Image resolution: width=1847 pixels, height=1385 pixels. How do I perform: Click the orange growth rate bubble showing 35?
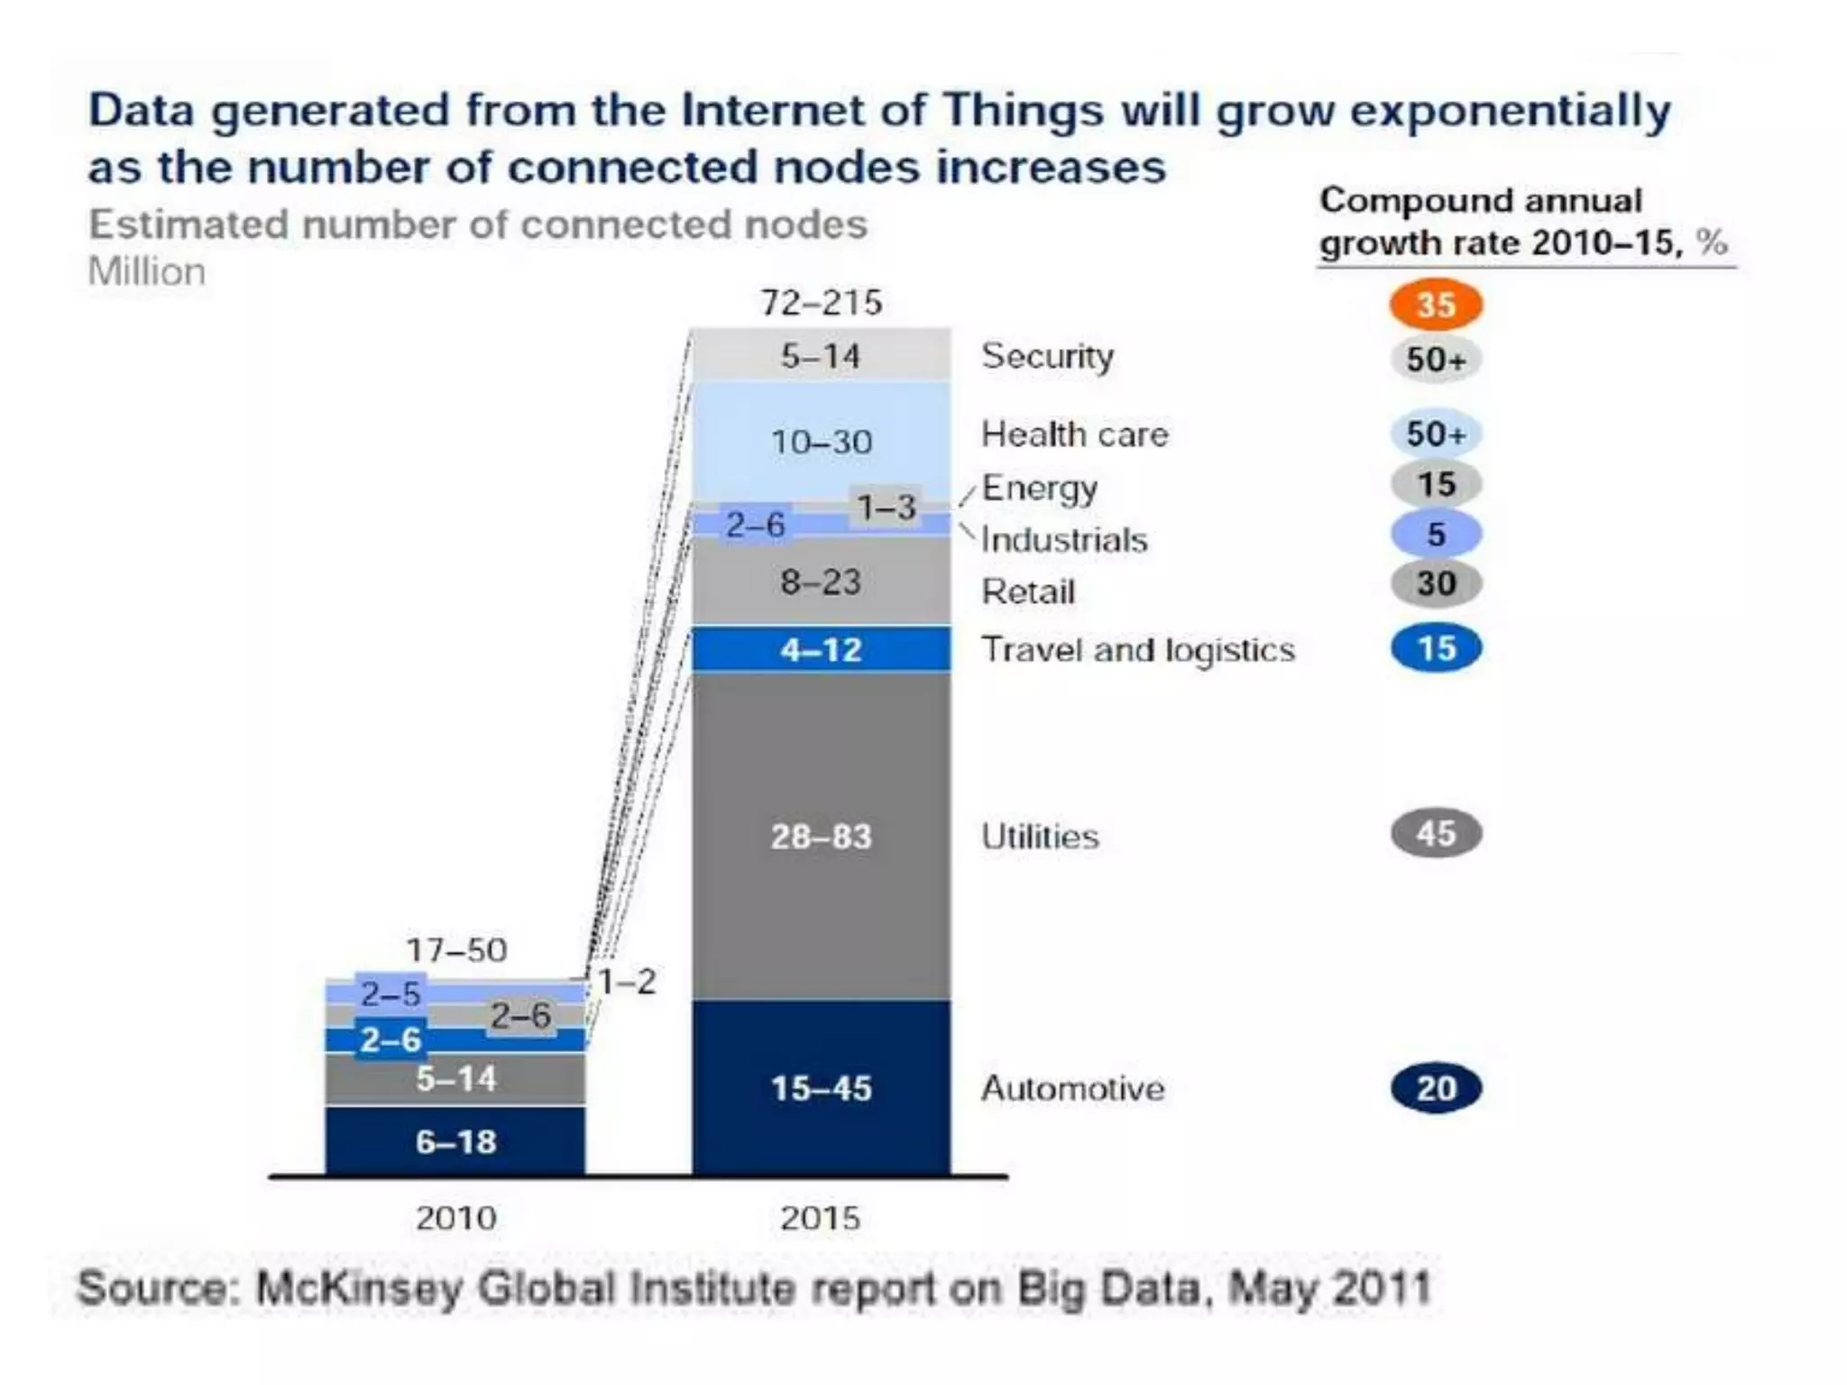pos(1436,305)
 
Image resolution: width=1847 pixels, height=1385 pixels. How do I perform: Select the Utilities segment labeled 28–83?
pos(821,836)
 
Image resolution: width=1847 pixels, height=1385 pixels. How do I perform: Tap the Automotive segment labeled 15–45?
pos(821,1087)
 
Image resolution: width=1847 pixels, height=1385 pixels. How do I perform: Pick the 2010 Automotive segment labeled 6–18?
pos(455,1142)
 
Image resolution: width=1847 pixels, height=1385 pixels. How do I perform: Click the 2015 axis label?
pos(820,1218)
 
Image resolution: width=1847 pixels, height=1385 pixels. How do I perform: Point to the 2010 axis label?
pos(455,1218)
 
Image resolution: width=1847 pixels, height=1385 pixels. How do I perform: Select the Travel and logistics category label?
pos(1137,649)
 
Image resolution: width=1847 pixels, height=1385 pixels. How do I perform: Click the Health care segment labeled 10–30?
pos(821,442)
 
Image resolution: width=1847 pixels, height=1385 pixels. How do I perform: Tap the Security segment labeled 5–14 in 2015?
pos(821,356)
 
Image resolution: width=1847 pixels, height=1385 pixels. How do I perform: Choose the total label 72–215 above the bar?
pos(821,303)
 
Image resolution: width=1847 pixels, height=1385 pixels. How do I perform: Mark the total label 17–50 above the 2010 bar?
pos(456,949)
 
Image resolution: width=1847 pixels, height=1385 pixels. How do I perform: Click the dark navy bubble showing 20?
pos(1436,1088)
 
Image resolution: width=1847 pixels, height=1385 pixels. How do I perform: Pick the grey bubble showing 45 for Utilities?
pos(1436,833)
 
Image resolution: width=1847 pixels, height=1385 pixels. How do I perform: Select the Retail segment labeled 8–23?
pos(821,582)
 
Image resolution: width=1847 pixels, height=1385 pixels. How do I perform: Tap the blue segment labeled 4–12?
pos(821,649)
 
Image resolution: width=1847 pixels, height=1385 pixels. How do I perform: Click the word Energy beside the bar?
pos(1039,488)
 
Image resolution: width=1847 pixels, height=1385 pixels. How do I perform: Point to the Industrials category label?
pos(1064,539)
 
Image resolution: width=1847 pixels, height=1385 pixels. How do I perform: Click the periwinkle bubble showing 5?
pos(1436,534)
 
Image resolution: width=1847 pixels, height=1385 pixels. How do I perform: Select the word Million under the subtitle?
pos(147,271)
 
